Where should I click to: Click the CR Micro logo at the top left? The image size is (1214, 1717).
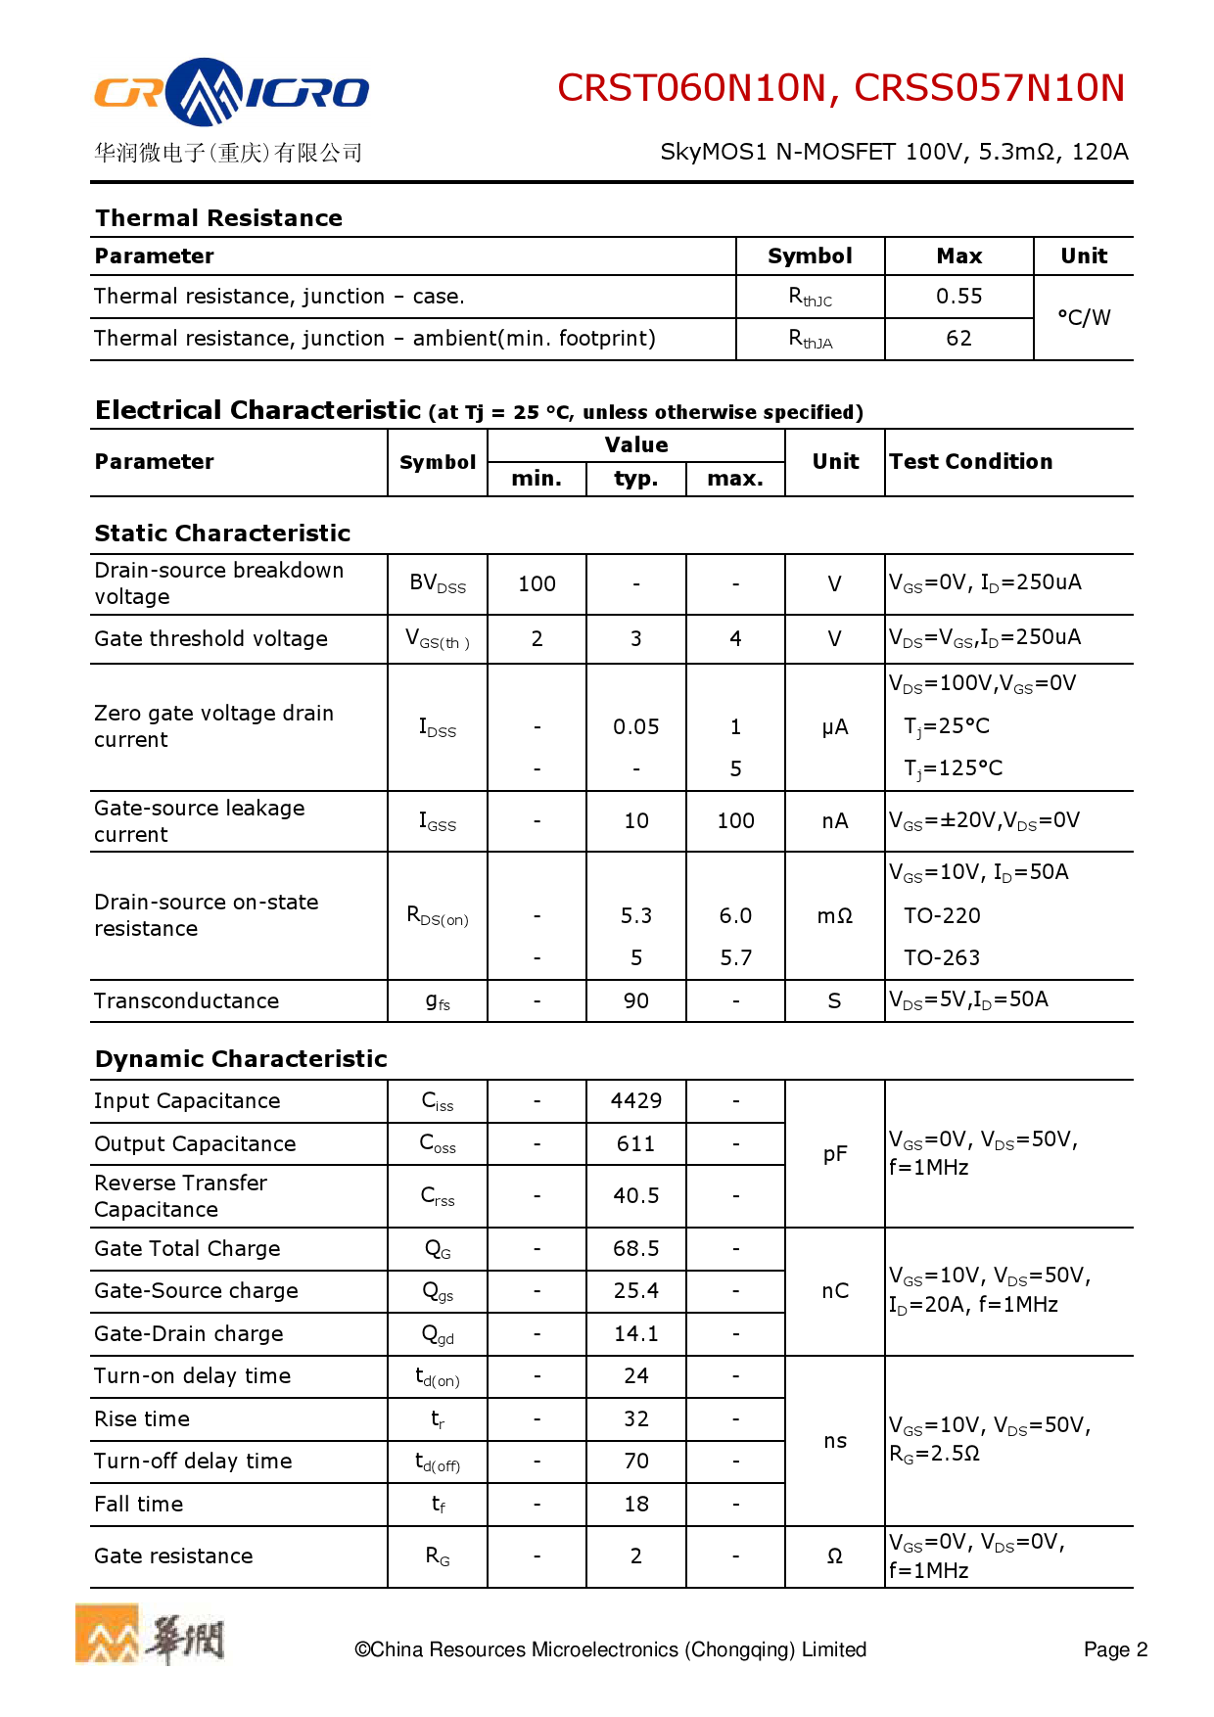pyautogui.click(x=231, y=93)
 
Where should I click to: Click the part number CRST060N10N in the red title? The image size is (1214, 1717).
pyautogui.click(x=691, y=88)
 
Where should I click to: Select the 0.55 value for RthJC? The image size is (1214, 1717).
pyautogui.click(x=958, y=297)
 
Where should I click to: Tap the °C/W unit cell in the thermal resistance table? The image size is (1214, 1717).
pyautogui.click(x=1084, y=318)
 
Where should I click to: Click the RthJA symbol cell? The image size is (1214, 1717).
pyautogui.click(x=810, y=339)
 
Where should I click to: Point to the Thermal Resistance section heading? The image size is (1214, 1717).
pyautogui.click(x=218, y=218)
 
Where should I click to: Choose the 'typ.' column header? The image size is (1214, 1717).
pyautogui.click(x=635, y=479)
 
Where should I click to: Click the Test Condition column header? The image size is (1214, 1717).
pyautogui.click(x=970, y=462)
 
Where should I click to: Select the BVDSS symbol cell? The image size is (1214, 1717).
pyautogui.click(x=438, y=583)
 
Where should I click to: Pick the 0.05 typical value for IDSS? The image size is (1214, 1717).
pyautogui.click(x=635, y=727)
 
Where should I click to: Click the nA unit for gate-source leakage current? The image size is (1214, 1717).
pyautogui.click(x=834, y=821)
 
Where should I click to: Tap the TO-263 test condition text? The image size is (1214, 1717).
pyautogui.click(x=941, y=958)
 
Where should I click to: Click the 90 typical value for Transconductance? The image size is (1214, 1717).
pyautogui.click(x=635, y=1001)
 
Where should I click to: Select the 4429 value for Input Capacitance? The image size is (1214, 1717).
pyautogui.click(x=635, y=1101)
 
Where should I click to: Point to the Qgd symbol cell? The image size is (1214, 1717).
pyautogui.click(x=438, y=1334)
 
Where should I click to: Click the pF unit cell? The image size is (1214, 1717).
pyautogui.click(x=834, y=1154)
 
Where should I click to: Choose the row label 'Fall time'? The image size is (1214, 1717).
pyautogui.click(x=139, y=1505)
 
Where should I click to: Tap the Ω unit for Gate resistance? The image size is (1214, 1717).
pyautogui.click(x=834, y=1556)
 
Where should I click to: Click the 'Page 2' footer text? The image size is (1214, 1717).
pyautogui.click(x=1115, y=1650)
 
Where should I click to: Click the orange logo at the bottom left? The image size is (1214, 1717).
pyautogui.click(x=108, y=1634)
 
